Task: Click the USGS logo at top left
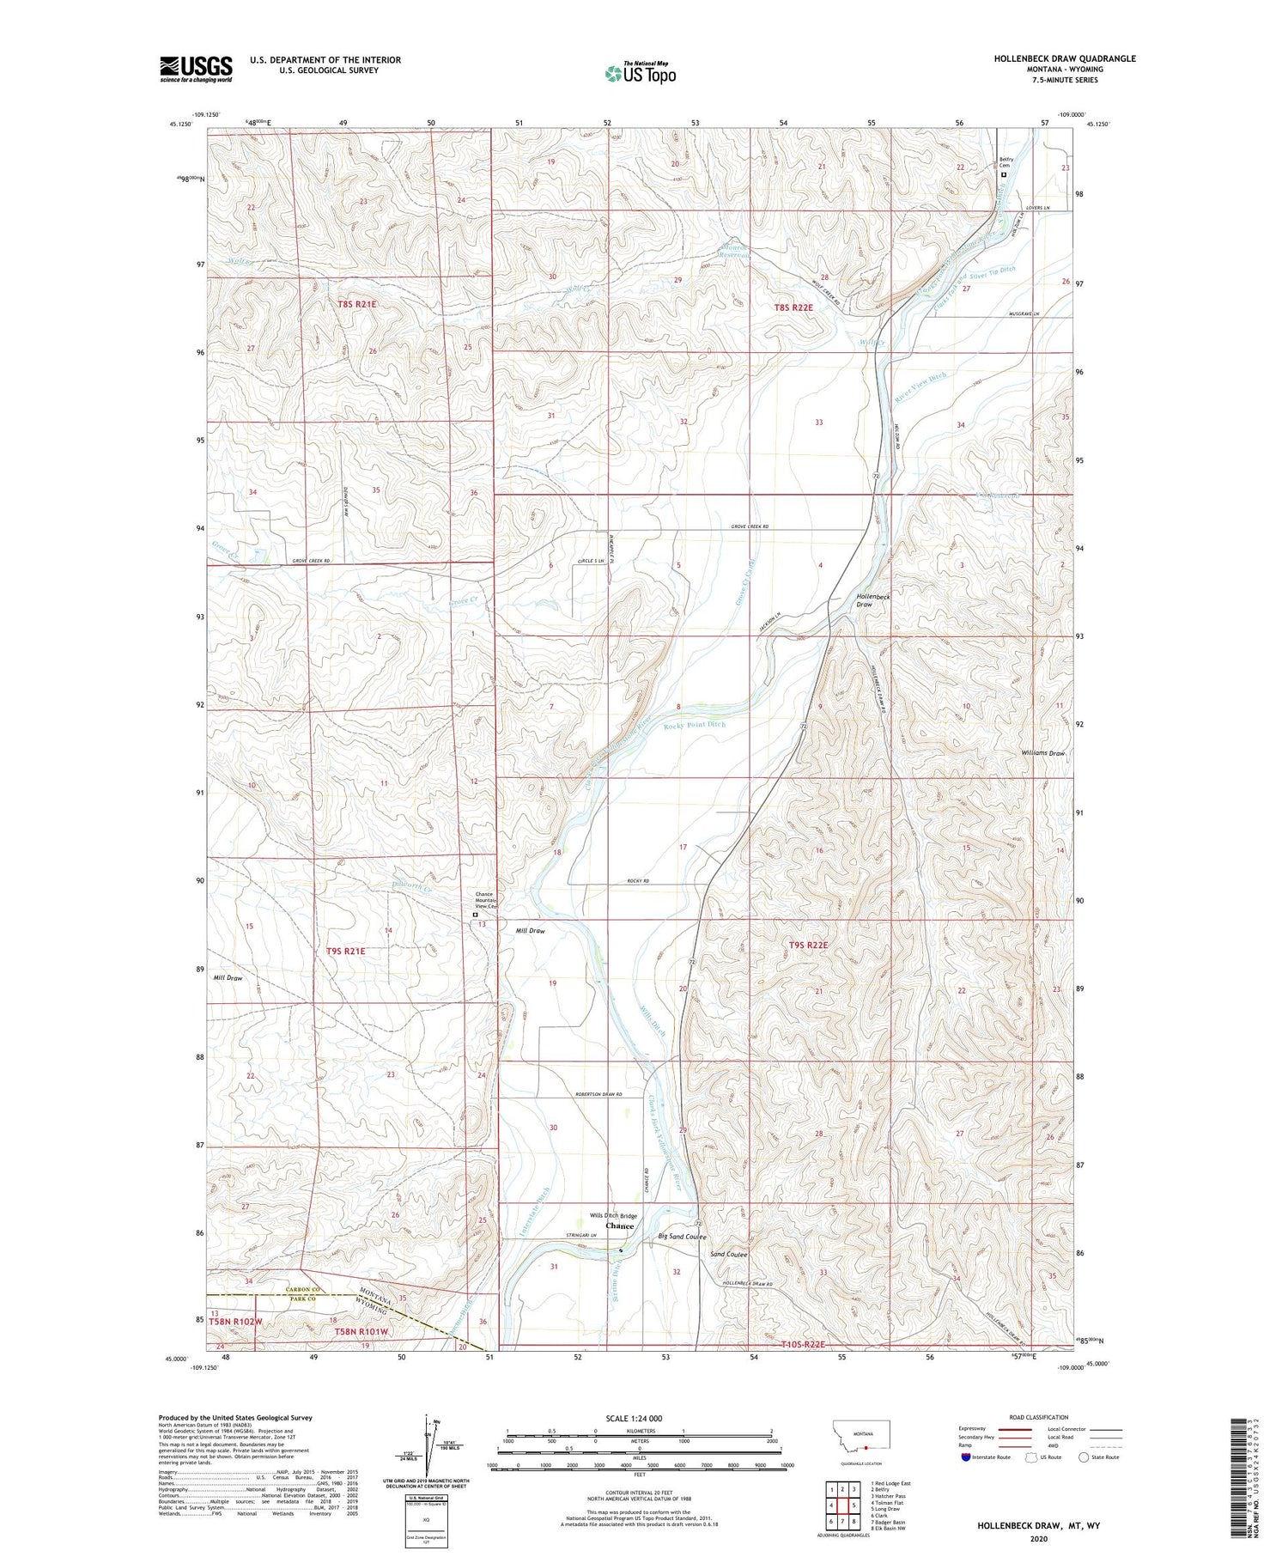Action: click(x=196, y=69)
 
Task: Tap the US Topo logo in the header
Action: click(x=641, y=74)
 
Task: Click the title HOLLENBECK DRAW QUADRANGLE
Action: click(x=1064, y=58)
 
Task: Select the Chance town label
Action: click(x=619, y=1226)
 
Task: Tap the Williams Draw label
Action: click(x=1042, y=753)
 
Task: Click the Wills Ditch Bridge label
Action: click(x=613, y=1215)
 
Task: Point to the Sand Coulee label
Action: click(x=728, y=1255)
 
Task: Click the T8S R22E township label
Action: click(x=793, y=307)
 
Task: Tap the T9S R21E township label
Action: click(x=346, y=951)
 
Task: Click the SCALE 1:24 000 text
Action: click(x=633, y=1418)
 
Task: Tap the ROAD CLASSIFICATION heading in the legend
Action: click(x=1038, y=1417)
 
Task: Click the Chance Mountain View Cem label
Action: click(x=485, y=900)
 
